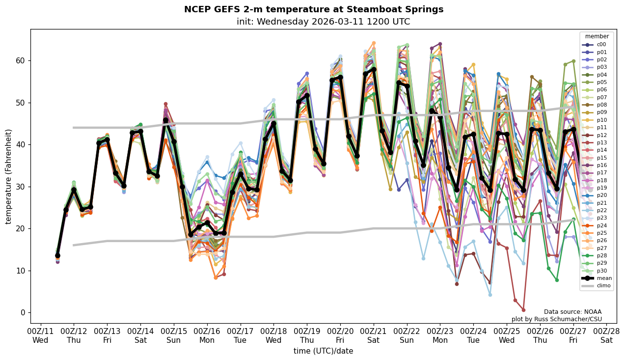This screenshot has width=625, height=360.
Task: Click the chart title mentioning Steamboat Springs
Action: (x=313, y=9)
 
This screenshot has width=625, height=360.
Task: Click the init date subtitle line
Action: (x=323, y=22)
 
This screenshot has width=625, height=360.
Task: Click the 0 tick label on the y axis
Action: (x=22, y=312)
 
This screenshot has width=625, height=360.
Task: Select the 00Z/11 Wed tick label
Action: (x=40, y=336)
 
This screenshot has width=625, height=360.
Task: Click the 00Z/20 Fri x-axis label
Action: (x=340, y=336)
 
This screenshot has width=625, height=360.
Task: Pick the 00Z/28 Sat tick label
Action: (x=607, y=336)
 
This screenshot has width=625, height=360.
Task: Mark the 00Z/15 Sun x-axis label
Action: (x=174, y=336)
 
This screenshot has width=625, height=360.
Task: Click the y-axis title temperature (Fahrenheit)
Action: (x=8, y=176)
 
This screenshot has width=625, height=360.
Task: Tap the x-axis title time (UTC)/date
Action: (x=323, y=351)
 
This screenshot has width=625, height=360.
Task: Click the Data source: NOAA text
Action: (x=572, y=312)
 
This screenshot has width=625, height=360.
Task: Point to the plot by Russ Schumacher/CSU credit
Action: (x=556, y=319)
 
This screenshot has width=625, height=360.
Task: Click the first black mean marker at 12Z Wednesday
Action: (x=57, y=255)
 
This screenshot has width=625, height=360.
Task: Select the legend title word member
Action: (x=597, y=36)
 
